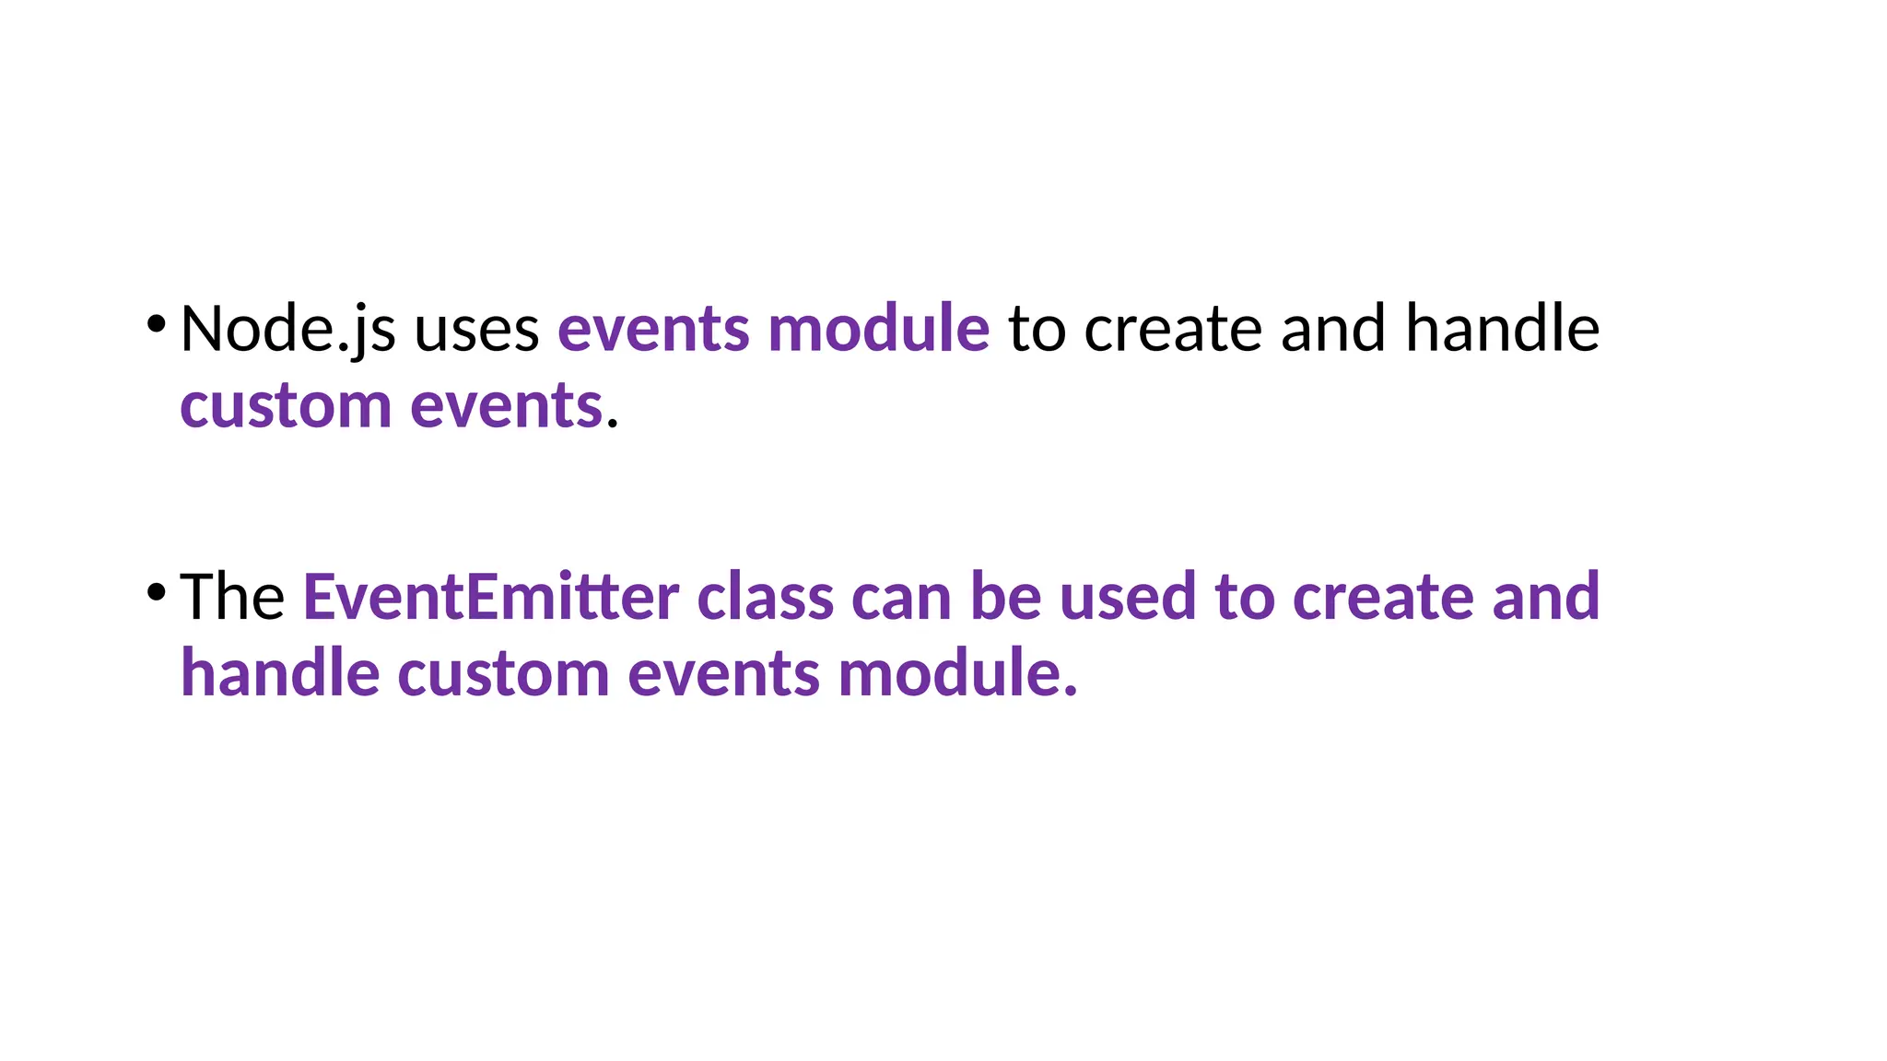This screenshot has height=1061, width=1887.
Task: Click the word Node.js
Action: [287, 329]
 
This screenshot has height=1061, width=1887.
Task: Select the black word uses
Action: [476, 331]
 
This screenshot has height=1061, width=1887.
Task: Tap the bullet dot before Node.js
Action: [156, 323]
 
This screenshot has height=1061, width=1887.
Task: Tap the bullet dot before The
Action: [156, 591]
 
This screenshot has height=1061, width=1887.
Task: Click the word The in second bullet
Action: [232, 597]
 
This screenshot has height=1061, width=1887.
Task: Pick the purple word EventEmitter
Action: [490, 597]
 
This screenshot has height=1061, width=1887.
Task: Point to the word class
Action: [765, 597]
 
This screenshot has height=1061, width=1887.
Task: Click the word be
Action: [1004, 597]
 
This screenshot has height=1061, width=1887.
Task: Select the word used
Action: [1127, 597]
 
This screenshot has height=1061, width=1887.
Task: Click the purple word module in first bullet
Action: [878, 329]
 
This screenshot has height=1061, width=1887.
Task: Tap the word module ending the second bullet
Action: [955, 673]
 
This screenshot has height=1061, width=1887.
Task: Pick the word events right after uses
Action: [653, 331]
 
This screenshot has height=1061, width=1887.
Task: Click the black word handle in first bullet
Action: [1502, 329]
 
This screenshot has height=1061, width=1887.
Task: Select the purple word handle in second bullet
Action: [279, 673]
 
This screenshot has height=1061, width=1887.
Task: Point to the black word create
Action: [1172, 331]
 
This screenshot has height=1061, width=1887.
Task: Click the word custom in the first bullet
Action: [286, 406]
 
